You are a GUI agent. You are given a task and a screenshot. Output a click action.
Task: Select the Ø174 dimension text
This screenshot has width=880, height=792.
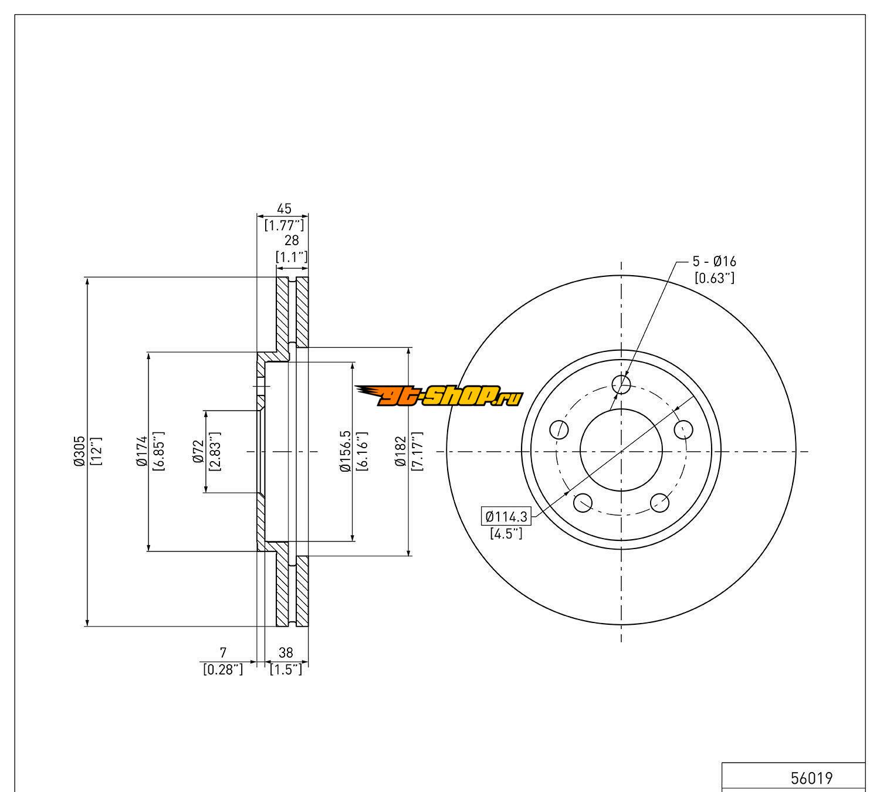tap(141, 452)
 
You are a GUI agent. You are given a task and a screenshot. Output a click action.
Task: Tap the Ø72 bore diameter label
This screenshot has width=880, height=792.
tap(199, 452)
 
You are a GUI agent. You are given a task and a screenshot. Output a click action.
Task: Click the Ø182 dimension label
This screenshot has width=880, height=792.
tap(401, 451)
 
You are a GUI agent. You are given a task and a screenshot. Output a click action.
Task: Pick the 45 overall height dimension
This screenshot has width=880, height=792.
tap(284, 209)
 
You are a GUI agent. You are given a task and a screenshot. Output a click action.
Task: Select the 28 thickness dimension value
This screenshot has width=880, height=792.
tap(292, 241)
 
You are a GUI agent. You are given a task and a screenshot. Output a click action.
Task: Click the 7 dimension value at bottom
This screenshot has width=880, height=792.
tap(223, 652)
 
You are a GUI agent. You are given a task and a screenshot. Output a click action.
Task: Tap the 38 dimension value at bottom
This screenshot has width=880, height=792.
tap(286, 652)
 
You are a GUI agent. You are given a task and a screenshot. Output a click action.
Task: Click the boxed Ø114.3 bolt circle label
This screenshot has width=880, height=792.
tap(506, 517)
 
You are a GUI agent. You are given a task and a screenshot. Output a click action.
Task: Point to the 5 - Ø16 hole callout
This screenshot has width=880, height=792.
tap(714, 262)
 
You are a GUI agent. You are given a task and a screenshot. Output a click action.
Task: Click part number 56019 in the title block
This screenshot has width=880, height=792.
tap(811, 779)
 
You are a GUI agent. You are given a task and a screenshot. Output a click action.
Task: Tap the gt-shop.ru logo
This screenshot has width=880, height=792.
tap(438, 397)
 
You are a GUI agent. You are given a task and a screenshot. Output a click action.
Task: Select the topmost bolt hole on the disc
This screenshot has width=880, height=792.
tap(621, 385)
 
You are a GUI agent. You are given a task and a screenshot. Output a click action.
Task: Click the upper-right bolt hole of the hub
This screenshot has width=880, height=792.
tap(683, 429)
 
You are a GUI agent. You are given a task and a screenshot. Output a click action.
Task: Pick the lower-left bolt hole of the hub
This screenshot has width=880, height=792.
tap(583, 502)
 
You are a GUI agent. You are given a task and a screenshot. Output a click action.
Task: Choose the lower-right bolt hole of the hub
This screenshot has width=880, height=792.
tap(660, 502)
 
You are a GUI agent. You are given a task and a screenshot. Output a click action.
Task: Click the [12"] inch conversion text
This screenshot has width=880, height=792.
tap(97, 451)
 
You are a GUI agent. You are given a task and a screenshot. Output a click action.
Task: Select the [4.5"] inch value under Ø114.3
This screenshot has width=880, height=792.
tap(506, 534)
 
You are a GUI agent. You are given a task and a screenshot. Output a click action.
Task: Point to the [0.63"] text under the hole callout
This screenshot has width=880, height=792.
tap(714, 278)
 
